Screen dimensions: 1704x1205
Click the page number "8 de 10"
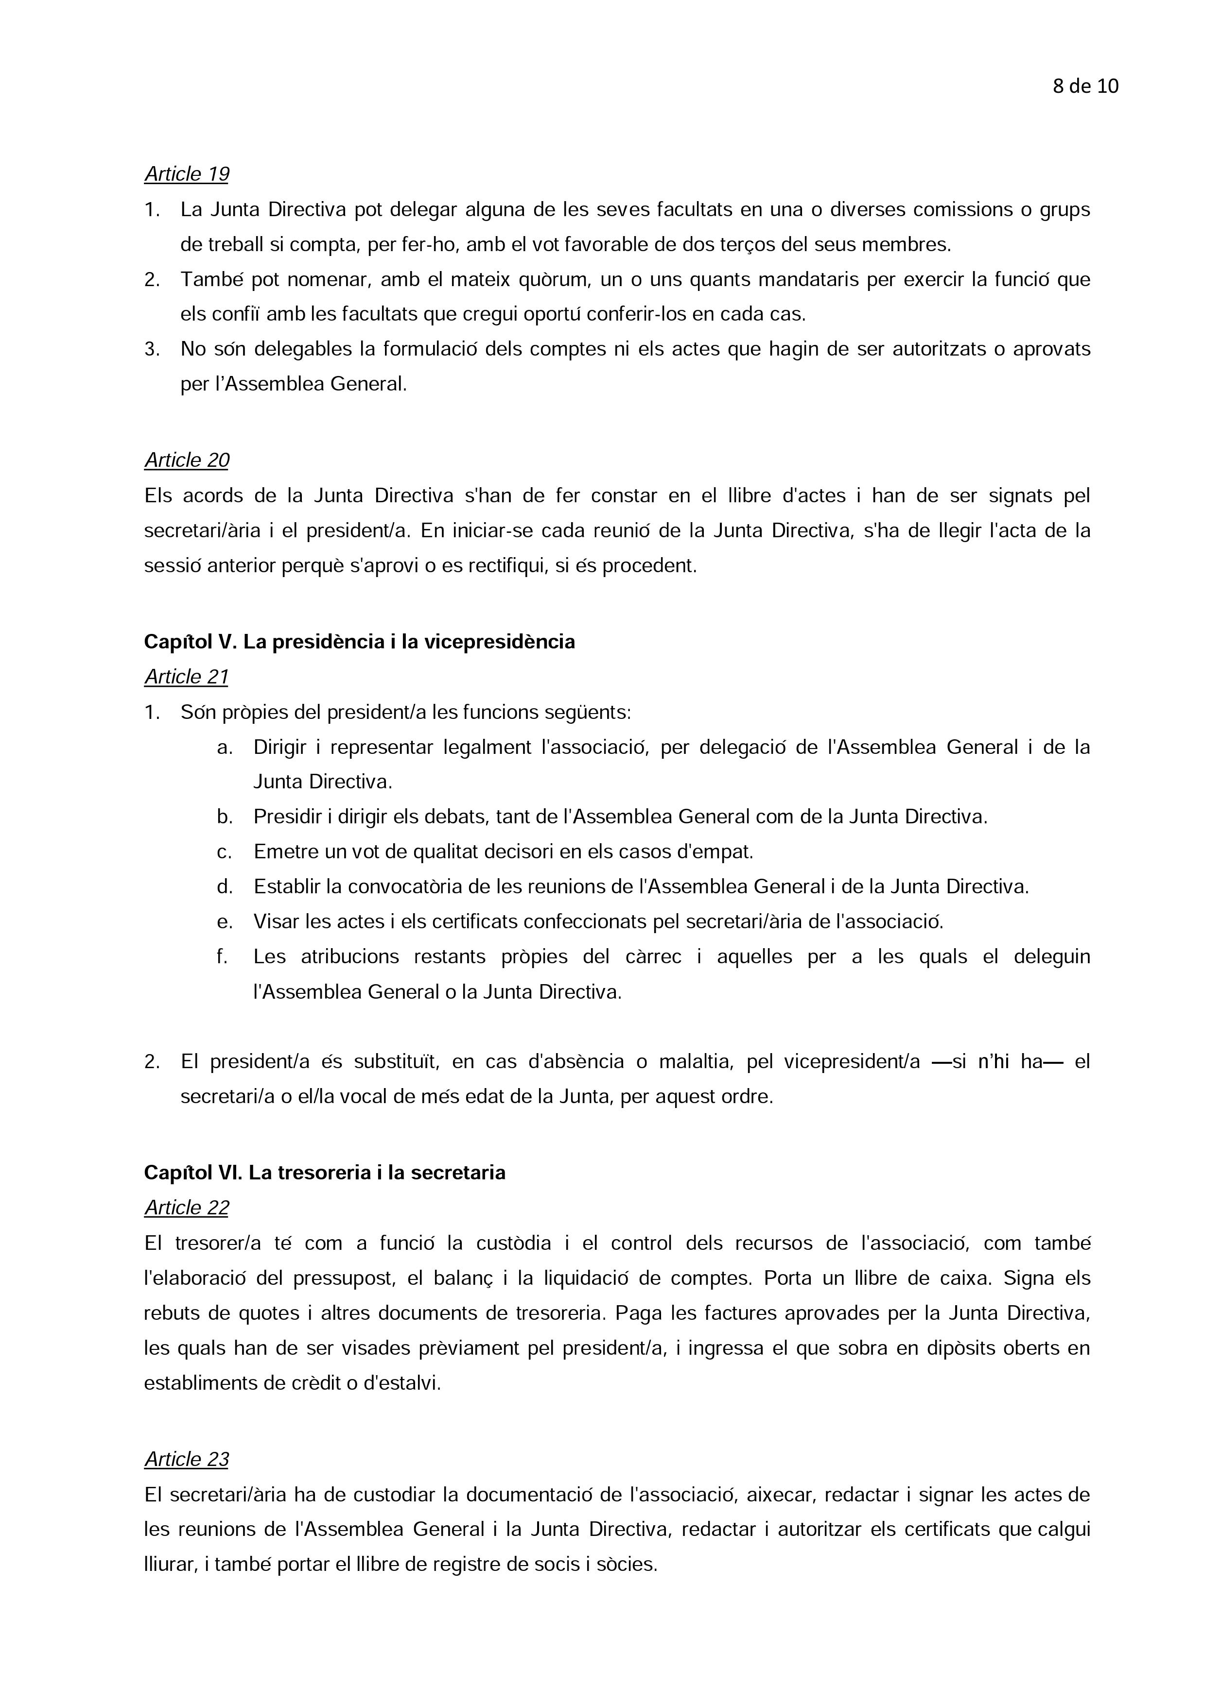click(x=1085, y=87)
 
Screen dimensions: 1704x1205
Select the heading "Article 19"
click(x=186, y=174)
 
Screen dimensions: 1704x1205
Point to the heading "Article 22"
click(x=186, y=1208)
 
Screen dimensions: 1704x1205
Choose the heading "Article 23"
click(x=186, y=1459)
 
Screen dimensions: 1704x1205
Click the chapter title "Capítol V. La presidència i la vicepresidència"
click(x=359, y=642)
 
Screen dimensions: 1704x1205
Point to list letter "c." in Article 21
click(x=224, y=852)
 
